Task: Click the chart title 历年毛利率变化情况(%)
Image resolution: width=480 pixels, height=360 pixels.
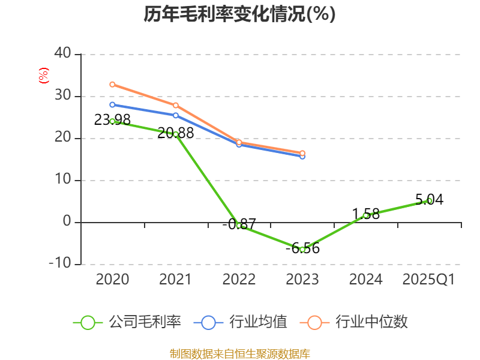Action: (x=239, y=14)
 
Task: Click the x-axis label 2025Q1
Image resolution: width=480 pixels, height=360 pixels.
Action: (x=428, y=280)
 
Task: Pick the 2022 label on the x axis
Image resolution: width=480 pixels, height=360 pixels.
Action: (x=239, y=280)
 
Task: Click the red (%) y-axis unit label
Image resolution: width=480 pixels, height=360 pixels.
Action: (x=43, y=76)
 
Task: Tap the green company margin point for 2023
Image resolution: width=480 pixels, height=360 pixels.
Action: (x=302, y=249)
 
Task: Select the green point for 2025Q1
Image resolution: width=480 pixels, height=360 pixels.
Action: (x=429, y=200)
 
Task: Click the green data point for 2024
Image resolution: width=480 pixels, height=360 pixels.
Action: (x=365, y=215)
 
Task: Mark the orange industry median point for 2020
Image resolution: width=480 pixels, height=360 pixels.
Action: (x=112, y=84)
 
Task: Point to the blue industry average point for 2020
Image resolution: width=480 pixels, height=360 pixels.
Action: (x=112, y=104)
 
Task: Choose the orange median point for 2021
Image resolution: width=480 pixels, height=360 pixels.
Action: (x=175, y=105)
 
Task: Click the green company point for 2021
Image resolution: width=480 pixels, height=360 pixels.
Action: (x=175, y=134)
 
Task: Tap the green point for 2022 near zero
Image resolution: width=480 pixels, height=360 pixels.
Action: (x=239, y=226)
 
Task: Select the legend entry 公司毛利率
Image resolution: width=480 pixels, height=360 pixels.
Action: (x=127, y=322)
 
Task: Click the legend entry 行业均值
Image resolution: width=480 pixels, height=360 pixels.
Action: (x=241, y=322)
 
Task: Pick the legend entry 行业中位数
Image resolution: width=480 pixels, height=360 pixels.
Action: (x=357, y=322)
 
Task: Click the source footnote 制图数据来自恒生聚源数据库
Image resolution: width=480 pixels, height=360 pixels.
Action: (x=239, y=353)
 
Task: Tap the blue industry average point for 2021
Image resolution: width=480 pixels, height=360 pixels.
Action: (x=175, y=115)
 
